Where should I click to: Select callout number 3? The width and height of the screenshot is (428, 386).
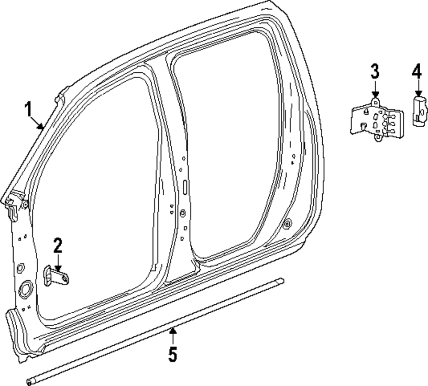tap(374, 71)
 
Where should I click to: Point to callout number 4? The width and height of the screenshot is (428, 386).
tap(417, 71)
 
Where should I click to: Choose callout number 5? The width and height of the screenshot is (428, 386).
tap(172, 355)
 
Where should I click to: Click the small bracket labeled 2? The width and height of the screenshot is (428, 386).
tap(56, 276)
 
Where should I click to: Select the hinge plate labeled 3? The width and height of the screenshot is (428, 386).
tap(377, 121)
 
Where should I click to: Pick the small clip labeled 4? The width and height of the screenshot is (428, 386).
tap(419, 111)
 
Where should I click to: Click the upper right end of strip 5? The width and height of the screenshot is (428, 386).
tap(281, 281)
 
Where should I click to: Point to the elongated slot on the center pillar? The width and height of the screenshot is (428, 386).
tap(185, 187)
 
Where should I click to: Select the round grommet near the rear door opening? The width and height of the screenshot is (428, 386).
tap(287, 223)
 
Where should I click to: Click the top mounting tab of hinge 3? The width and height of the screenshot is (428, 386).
tap(375, 101)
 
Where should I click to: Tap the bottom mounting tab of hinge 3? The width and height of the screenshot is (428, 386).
tap(377, 138)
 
